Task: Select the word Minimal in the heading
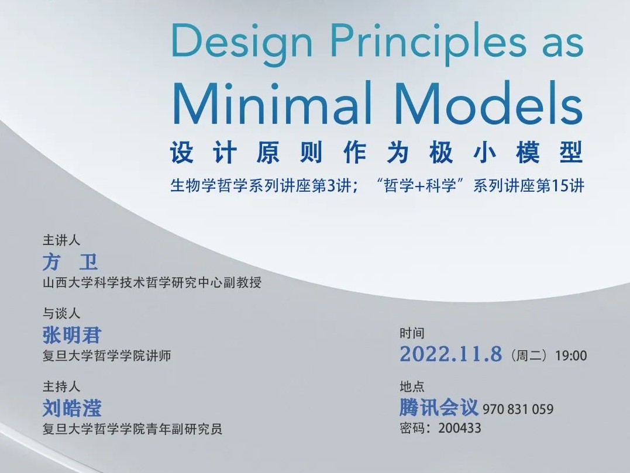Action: coord(272,103)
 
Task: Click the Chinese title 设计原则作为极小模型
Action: coord(377,153)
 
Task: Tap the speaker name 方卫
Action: coord(70,262)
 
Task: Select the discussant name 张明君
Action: coord(72,335)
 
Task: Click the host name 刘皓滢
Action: coord(72,408)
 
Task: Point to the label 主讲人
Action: coord(61,240)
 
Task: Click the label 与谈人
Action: coord(61,313)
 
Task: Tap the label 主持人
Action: coord(61,386)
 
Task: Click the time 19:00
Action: coord(571,355)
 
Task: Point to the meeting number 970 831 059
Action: coord(518,409)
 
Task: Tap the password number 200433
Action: coord(460,428)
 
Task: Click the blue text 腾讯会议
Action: coord(439,407)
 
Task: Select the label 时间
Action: coord(412,333)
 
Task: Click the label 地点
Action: coord(412,386)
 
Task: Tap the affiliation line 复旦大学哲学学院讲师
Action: coord(107,355)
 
